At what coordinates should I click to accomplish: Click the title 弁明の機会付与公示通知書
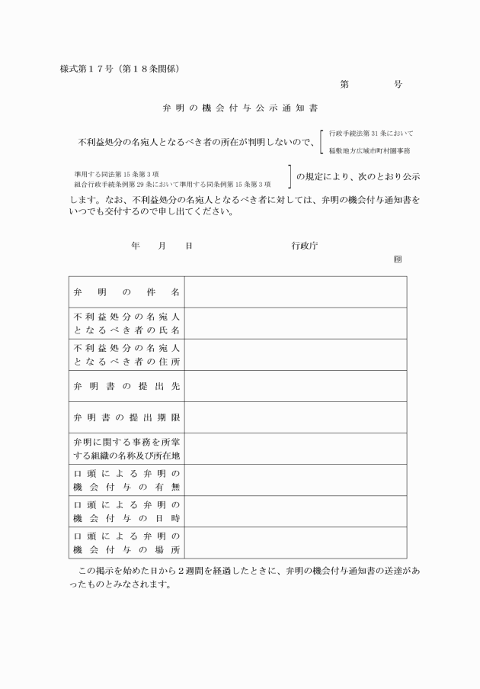point(240,108)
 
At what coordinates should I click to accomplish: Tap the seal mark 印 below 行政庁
point(398,259)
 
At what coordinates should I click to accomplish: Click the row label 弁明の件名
point(126,292)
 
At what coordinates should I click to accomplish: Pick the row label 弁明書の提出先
point(126,386)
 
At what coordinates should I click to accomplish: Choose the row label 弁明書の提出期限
point(126,417)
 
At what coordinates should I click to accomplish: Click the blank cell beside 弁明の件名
point(295,292)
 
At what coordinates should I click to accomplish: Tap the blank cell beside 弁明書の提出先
point(295,386)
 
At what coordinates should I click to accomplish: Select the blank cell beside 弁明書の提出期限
point(295,417)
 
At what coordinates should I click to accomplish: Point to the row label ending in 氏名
point(126,324)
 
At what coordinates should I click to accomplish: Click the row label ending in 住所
point(126,355)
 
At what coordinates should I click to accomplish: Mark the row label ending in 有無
point(126,480)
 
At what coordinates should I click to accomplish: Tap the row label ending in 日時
point(126,511)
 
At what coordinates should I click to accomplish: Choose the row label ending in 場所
point(126,543)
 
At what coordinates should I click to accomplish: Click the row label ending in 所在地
point(126,449)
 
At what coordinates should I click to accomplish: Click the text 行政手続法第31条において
point(371,133)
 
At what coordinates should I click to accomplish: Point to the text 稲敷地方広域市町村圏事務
point(370,151)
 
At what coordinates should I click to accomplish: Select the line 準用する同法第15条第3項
point(116,174)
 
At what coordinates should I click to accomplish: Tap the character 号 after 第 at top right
point(398,85)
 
